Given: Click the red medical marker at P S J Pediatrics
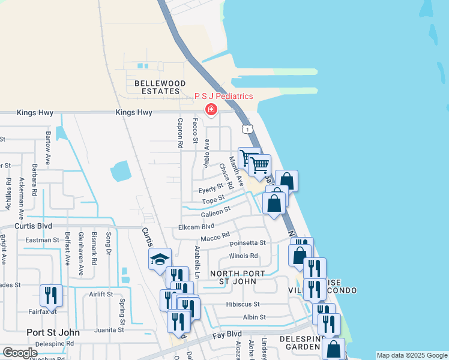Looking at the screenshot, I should point(211,109).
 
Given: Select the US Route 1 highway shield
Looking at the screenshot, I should point(247,129).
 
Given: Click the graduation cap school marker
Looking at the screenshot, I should point(160,259).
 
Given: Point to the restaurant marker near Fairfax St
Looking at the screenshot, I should point(51,295).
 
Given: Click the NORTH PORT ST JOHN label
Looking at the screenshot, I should point(238,278).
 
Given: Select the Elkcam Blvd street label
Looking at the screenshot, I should point(196,227).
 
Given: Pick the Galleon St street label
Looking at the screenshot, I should point(215,211).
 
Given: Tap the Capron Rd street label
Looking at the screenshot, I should point(179,132).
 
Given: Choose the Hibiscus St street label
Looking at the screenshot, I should point(243,304).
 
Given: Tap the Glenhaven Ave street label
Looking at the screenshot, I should point(81,254).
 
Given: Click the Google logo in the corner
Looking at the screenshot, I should point(20,353).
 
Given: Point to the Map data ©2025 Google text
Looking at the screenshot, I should point(411,355).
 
